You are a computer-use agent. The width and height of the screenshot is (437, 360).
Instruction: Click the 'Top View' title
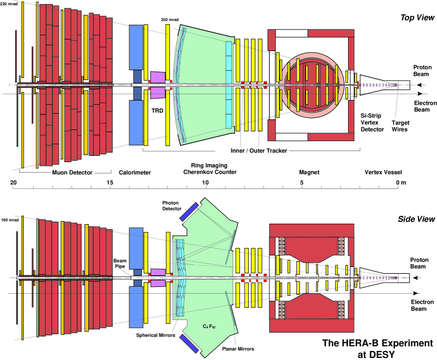[x=418, y=17]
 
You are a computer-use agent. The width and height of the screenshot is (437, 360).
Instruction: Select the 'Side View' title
[x=416, y=219]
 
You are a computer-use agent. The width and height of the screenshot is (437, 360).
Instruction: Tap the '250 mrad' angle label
[x=170, y=20]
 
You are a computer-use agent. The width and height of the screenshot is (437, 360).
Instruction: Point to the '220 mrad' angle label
[x=9, y=4]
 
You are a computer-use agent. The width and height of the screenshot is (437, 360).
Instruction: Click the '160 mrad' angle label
[x=10, y=220]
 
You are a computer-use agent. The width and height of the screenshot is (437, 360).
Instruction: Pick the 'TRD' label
[x=157, y=111]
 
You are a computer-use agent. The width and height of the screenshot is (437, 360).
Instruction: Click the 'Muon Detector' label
[x=72, y=173]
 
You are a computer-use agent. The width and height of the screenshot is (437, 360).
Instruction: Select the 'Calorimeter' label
[x=135, y=173]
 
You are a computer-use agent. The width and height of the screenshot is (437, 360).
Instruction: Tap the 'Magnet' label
[x=309, y=172]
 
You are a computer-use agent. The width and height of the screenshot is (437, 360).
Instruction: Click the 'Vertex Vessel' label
[x=383, y=172]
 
